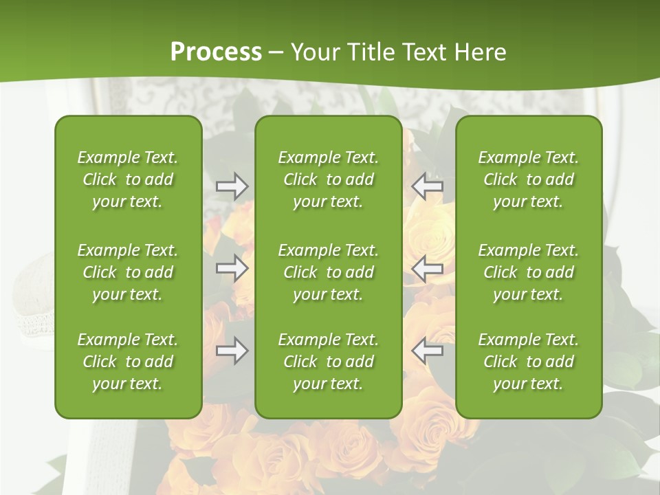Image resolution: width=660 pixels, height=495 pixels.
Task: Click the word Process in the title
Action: (216, 52)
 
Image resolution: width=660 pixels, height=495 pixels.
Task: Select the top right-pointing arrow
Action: (232, 186)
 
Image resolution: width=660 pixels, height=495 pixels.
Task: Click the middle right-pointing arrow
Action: (232, 268)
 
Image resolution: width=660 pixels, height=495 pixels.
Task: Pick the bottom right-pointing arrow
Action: (232, 351)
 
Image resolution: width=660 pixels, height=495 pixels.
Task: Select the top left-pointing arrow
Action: (427, 186)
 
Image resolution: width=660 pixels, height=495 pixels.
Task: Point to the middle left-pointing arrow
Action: (427, 268)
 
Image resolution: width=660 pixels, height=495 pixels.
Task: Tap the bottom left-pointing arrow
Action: (427, 351)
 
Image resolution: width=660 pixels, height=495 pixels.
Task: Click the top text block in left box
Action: (128, 179)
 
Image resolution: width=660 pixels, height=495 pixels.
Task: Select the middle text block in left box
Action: (128, 272)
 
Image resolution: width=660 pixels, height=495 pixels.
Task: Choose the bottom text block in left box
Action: (128, 362)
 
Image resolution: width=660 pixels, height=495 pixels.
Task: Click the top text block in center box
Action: (328, 179)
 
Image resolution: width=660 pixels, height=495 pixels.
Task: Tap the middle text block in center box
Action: (328, 272)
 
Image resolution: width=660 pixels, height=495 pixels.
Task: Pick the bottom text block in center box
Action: (328, 362)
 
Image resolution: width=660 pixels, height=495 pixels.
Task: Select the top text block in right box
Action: (528, 179)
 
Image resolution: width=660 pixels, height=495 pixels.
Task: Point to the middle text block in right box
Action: (528, 272)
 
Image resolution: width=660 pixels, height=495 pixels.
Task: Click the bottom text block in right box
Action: (528, 362)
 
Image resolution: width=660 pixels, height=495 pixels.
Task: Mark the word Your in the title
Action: (314, 52)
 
